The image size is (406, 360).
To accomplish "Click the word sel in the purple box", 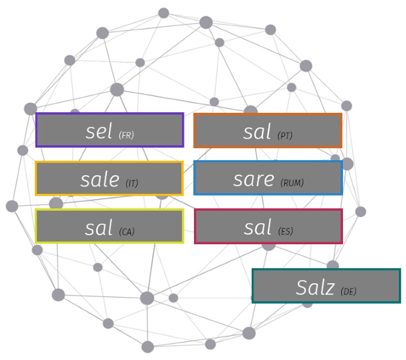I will (99, 131).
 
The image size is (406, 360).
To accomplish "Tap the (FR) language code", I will (126, 135).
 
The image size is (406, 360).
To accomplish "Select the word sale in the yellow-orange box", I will (99, 179).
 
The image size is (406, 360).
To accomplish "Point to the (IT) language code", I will (132, 183).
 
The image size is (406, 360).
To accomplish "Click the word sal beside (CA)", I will (99, 227).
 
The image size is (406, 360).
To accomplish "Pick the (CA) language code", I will (127, 231).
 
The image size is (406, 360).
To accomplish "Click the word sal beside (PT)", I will (258, 131).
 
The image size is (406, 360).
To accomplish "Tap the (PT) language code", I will (285, 136).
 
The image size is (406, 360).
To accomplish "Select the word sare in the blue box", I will (253, 179).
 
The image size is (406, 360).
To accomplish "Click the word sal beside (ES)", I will (258, 227).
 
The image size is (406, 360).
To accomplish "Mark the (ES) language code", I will (286, 231).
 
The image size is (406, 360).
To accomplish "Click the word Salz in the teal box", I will (315, 287).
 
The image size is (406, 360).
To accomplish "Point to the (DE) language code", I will (348, 292).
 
